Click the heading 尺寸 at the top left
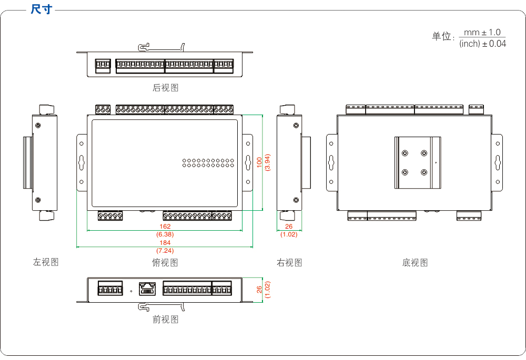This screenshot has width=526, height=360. pos(42,9)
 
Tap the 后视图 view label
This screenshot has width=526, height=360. pos(165,88)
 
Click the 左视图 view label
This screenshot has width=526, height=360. pos(46,262)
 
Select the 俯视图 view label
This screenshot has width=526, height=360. pos(165,262)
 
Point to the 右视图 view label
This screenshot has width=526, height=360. pos(289,262)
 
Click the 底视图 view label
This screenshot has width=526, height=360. pos(415,262)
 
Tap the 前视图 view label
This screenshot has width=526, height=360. pos(165,319)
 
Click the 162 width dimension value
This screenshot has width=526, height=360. pos(165,227)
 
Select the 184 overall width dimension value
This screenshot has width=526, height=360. pos(165,243)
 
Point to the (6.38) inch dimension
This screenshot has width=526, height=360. pos(165,234)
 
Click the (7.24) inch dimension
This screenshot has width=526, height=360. pos(165,251)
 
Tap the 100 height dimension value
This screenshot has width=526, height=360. pos(259,162)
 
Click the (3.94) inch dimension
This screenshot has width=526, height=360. pos(267,162)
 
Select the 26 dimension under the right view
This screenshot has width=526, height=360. pos(289,227)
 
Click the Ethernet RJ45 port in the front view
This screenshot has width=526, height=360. pos(148,289)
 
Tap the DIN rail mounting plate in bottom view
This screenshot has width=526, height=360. pos(418,162)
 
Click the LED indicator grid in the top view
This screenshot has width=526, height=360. pos(208,162)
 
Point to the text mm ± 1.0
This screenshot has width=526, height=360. pos(482,33)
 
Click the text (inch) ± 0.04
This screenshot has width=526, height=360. pos(482,44)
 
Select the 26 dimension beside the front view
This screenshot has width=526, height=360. pos(259,290)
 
